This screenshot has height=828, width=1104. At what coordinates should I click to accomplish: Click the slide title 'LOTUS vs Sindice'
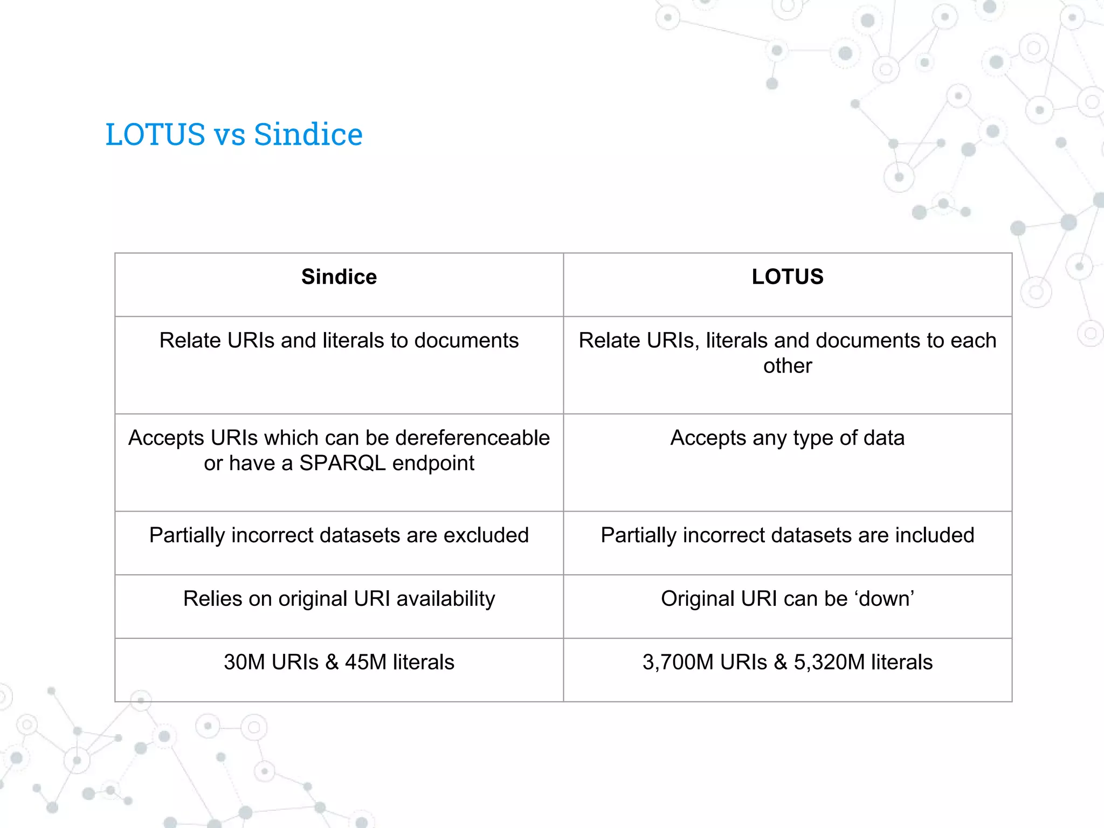(x=234, y=134)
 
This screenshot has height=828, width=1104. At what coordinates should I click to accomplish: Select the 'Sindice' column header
(x=339, y=277)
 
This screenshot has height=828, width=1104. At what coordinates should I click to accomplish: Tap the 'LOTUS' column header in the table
(x=788, y=277)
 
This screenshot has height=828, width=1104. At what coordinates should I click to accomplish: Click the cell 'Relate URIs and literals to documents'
(x=339, y=341)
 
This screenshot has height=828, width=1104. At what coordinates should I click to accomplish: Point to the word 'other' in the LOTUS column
(x=788, y=366)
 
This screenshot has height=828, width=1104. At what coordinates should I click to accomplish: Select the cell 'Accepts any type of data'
(x=788, y=438)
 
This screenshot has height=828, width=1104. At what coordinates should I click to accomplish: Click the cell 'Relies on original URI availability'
(x=339, y=599)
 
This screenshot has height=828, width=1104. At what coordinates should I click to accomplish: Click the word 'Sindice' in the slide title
(x=308, y=134)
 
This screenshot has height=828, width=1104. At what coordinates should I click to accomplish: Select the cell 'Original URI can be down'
(x=788, y=599)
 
